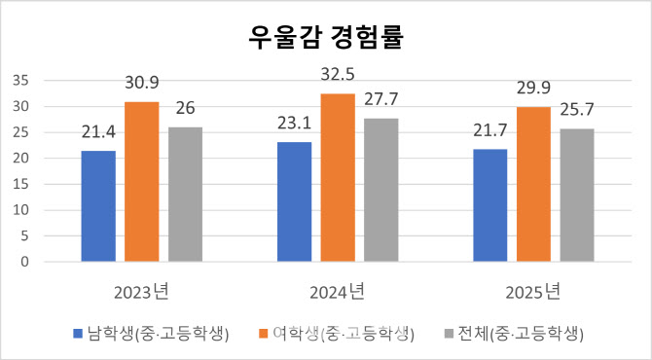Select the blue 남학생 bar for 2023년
click(x=98, y=206)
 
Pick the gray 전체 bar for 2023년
click(x=185, y=195)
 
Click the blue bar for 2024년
click(x=295, y=202)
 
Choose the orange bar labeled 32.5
click(x=338, y=178)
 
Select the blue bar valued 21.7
click(x=490, y=205)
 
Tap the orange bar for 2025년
click(x=533, y=185)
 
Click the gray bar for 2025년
click(x=577, y=196)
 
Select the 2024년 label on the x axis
click(x=338, y=290)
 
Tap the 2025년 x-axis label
click(x=533, y=290)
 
